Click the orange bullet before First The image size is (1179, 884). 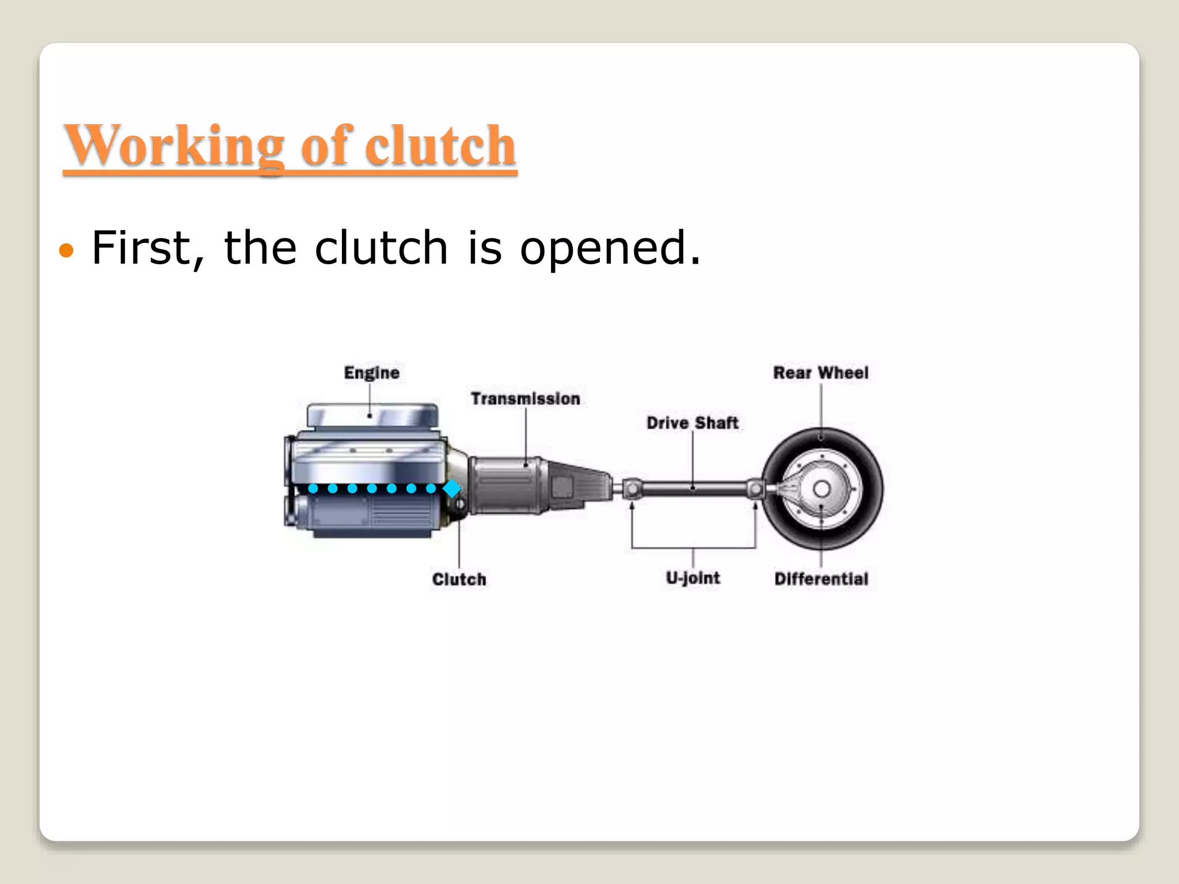(67, 250)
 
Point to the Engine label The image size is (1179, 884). (371, 373)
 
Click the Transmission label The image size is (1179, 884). (525, 398)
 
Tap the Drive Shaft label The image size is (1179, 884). (692, 423)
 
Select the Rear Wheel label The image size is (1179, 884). (820, 373)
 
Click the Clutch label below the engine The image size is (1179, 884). (459, 579)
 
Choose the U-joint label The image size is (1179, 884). (693, 578)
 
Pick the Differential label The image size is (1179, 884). (821, 579)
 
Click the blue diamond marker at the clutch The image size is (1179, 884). (452, 489)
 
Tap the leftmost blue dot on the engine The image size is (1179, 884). (313, 489)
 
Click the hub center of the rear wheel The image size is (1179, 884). (822, 489)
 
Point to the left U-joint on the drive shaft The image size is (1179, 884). (632, 489)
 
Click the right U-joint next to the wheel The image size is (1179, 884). (755, 489)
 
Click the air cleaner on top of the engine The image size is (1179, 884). (372, 416)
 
